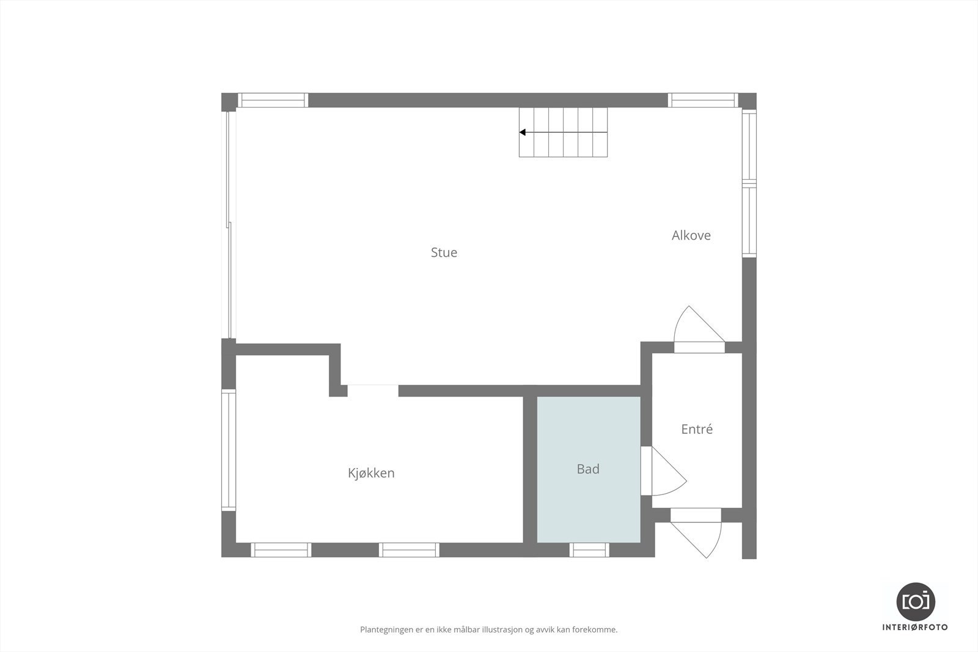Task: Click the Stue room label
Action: (444, 252)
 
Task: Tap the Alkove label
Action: (691, 235)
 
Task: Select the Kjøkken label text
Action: (371, 473)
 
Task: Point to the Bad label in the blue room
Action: (588, 469)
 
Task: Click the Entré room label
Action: (697, 429)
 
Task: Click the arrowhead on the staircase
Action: (523, 132)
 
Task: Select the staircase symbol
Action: (564, 132)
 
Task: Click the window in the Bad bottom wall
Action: (589, 550)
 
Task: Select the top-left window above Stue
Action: (273, 100)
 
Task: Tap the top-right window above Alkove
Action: (703, 100)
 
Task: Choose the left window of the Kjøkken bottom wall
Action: (282, 550)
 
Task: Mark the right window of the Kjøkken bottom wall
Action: (409, 550)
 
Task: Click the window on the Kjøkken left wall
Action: (229, 450)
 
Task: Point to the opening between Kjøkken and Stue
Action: (373, 390)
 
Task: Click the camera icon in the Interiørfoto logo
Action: (915, 601)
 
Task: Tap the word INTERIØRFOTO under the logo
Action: (915, 627)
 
